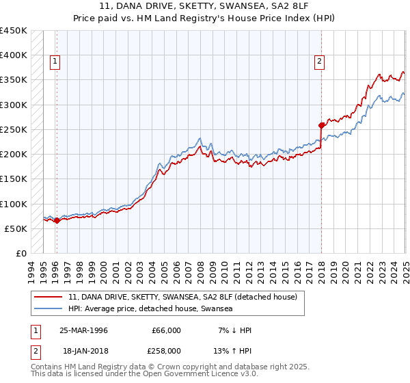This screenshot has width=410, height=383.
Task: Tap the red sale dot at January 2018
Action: point(321,125)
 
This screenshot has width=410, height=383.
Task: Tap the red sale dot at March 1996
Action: point(57,220)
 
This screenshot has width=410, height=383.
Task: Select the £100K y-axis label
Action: point(14,204)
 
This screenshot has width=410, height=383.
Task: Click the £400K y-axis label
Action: point(14,55)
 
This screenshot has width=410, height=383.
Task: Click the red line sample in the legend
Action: point(48,298)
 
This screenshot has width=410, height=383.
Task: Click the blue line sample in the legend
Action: point(48,309)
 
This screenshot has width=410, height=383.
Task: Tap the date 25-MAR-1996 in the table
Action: point(84,330)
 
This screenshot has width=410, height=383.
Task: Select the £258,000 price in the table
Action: point(166,351)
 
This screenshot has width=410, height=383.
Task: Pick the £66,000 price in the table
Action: point(166,330)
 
